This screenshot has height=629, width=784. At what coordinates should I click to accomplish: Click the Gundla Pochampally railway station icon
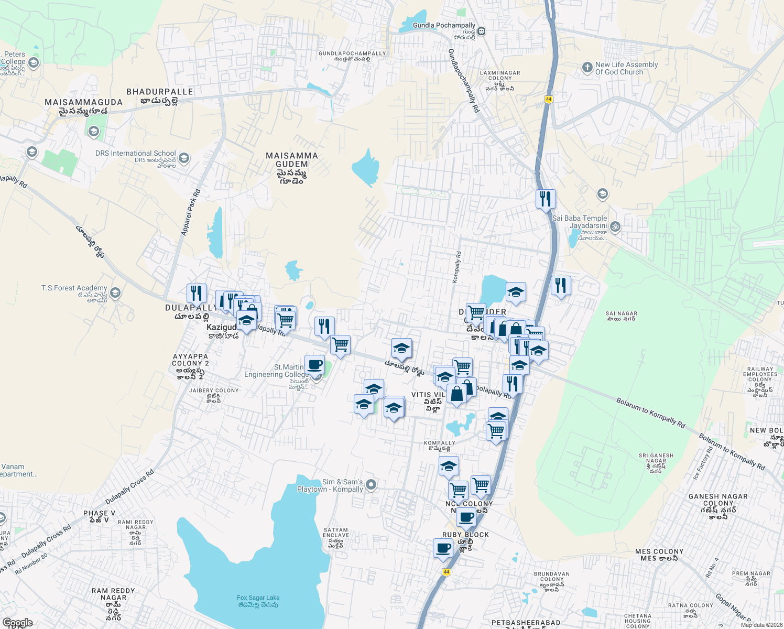point(481,31)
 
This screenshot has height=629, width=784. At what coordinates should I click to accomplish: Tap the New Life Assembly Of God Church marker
point(587,68)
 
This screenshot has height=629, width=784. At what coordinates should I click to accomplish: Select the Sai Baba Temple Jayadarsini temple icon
point(615,227)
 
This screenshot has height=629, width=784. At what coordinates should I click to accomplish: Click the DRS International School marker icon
point(184,158)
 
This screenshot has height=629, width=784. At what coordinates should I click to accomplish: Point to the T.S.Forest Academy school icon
point(116,292)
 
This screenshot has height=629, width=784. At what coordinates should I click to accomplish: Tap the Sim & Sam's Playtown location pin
point(371,485)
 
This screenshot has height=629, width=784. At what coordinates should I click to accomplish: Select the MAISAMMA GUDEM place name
point(291,160)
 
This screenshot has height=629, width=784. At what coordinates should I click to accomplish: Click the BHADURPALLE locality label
point(160,92)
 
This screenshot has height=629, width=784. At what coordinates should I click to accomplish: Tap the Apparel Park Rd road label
point(191,212)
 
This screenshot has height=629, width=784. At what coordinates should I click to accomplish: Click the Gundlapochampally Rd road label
point(464,81)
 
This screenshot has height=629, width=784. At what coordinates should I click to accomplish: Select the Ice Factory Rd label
point(703,463)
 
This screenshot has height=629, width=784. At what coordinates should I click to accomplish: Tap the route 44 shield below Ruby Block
point(447,572)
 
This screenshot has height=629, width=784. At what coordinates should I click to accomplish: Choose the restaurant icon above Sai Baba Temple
point(546,199)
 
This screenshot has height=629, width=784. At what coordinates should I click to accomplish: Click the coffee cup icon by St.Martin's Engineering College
point(314,364)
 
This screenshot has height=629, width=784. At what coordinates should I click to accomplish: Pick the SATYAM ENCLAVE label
point(336,533)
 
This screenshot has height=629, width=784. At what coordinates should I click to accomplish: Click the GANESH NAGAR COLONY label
point(718,500)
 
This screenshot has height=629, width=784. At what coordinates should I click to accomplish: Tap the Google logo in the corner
point(17,623)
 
